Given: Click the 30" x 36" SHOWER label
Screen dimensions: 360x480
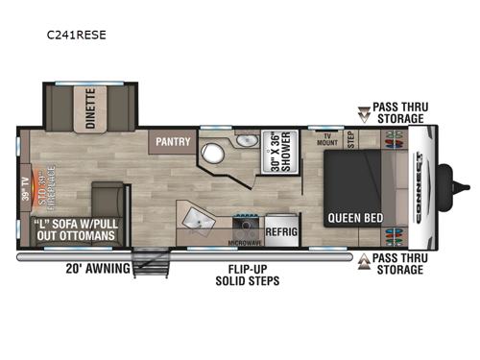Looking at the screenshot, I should coord(279,149).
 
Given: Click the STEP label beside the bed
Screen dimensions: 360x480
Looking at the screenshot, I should coord(351,140).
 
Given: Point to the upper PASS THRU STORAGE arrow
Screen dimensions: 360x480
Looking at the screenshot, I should coord(364,115).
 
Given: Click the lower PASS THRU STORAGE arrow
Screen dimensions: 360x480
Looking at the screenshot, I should coord(364,260).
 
